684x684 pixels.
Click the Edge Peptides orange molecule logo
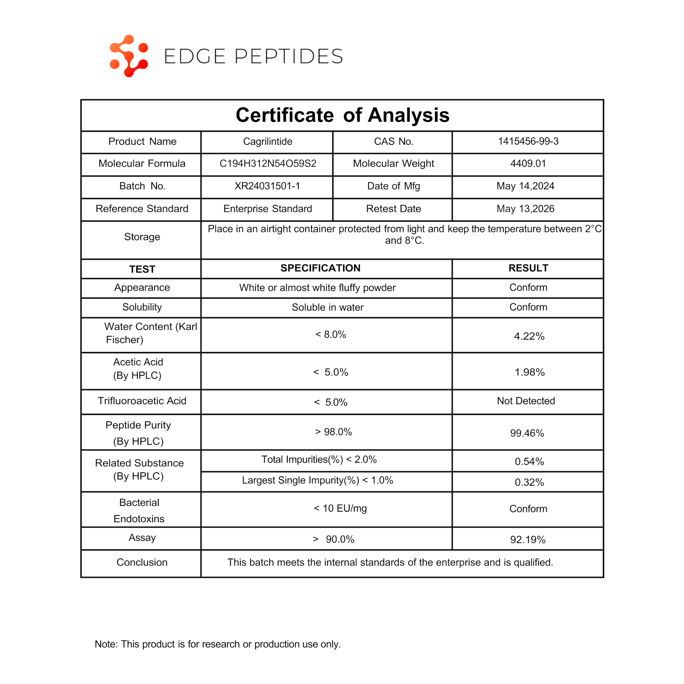129,56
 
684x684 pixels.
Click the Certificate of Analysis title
342,115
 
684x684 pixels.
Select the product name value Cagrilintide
267,142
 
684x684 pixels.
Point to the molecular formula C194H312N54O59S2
268,163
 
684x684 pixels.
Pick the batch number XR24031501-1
267,186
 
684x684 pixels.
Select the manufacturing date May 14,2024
525,186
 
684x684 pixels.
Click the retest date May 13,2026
525,209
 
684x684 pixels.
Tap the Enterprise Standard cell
267,209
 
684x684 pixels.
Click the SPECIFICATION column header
320,268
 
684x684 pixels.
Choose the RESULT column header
528,268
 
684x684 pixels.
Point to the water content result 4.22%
529,336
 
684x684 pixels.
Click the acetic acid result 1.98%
529,372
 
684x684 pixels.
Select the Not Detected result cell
526,401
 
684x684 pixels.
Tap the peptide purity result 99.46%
527,433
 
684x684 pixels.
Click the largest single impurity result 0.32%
529,482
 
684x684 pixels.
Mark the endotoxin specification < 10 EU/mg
340,509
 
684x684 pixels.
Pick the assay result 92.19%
527,540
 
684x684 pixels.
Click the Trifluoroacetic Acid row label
142,401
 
